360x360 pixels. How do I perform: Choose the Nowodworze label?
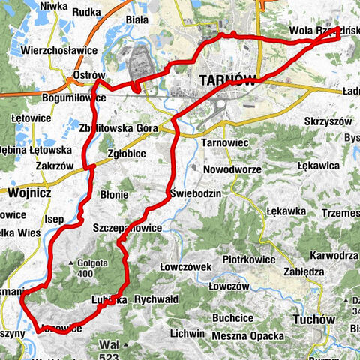click(x=231, y=169)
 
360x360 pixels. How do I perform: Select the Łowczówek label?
click(x=187, y=266)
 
